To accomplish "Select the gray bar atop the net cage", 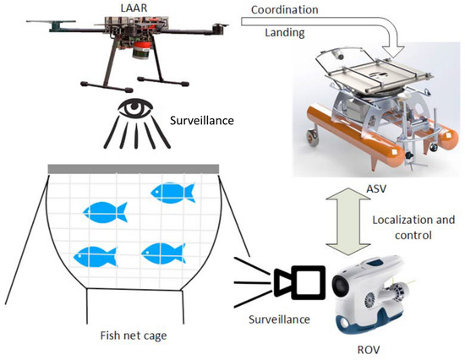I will click(x=134, y=168).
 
